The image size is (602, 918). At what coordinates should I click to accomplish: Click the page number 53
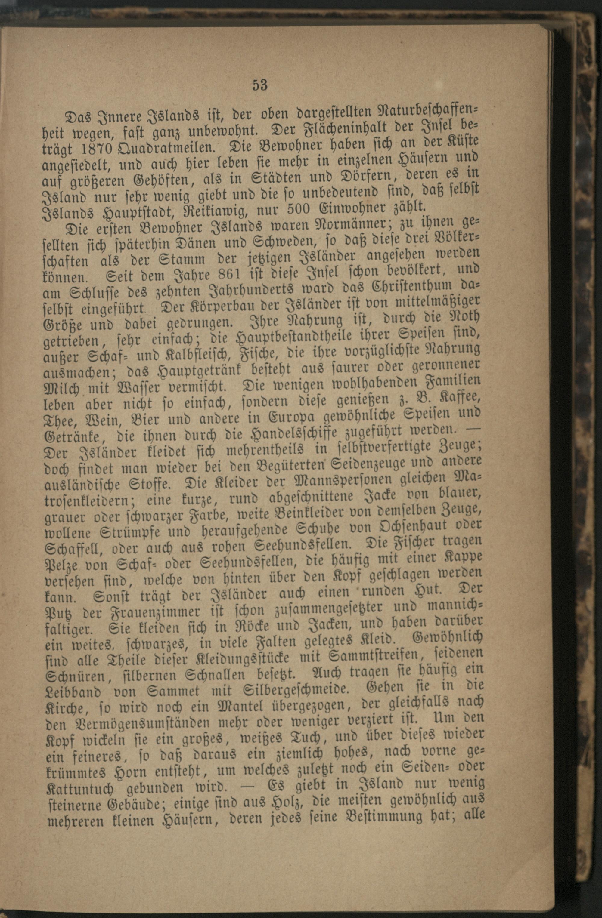pos(260,85)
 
